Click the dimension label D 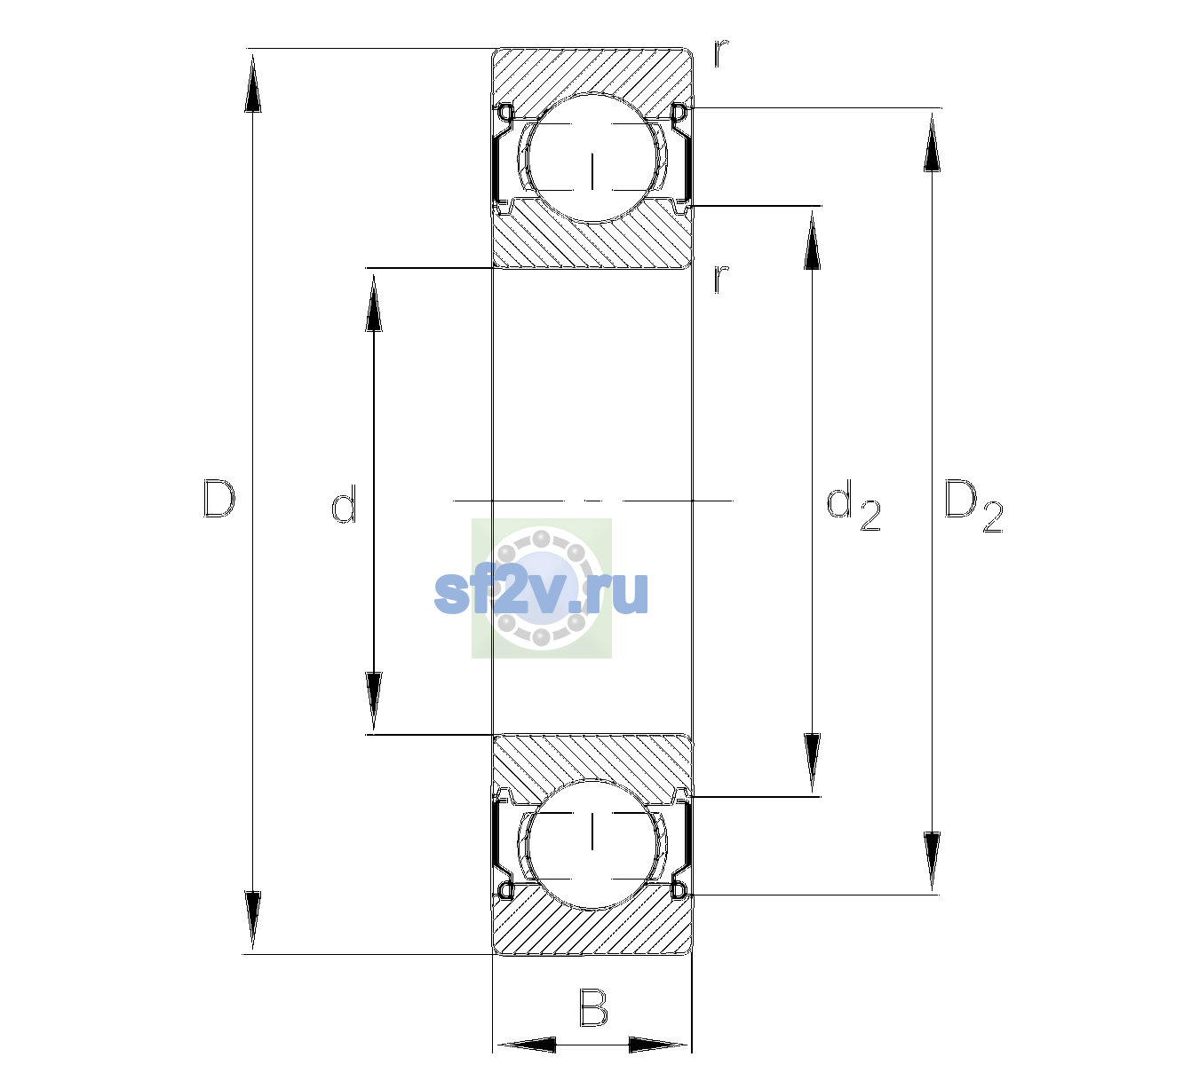point(219,499)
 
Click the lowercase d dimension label point(344,504)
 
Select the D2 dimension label point(973,506)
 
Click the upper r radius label point(721,53)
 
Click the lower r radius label point(721,279)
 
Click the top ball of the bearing point(592,158)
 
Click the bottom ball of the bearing point(592,844)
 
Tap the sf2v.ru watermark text point(541,592)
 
